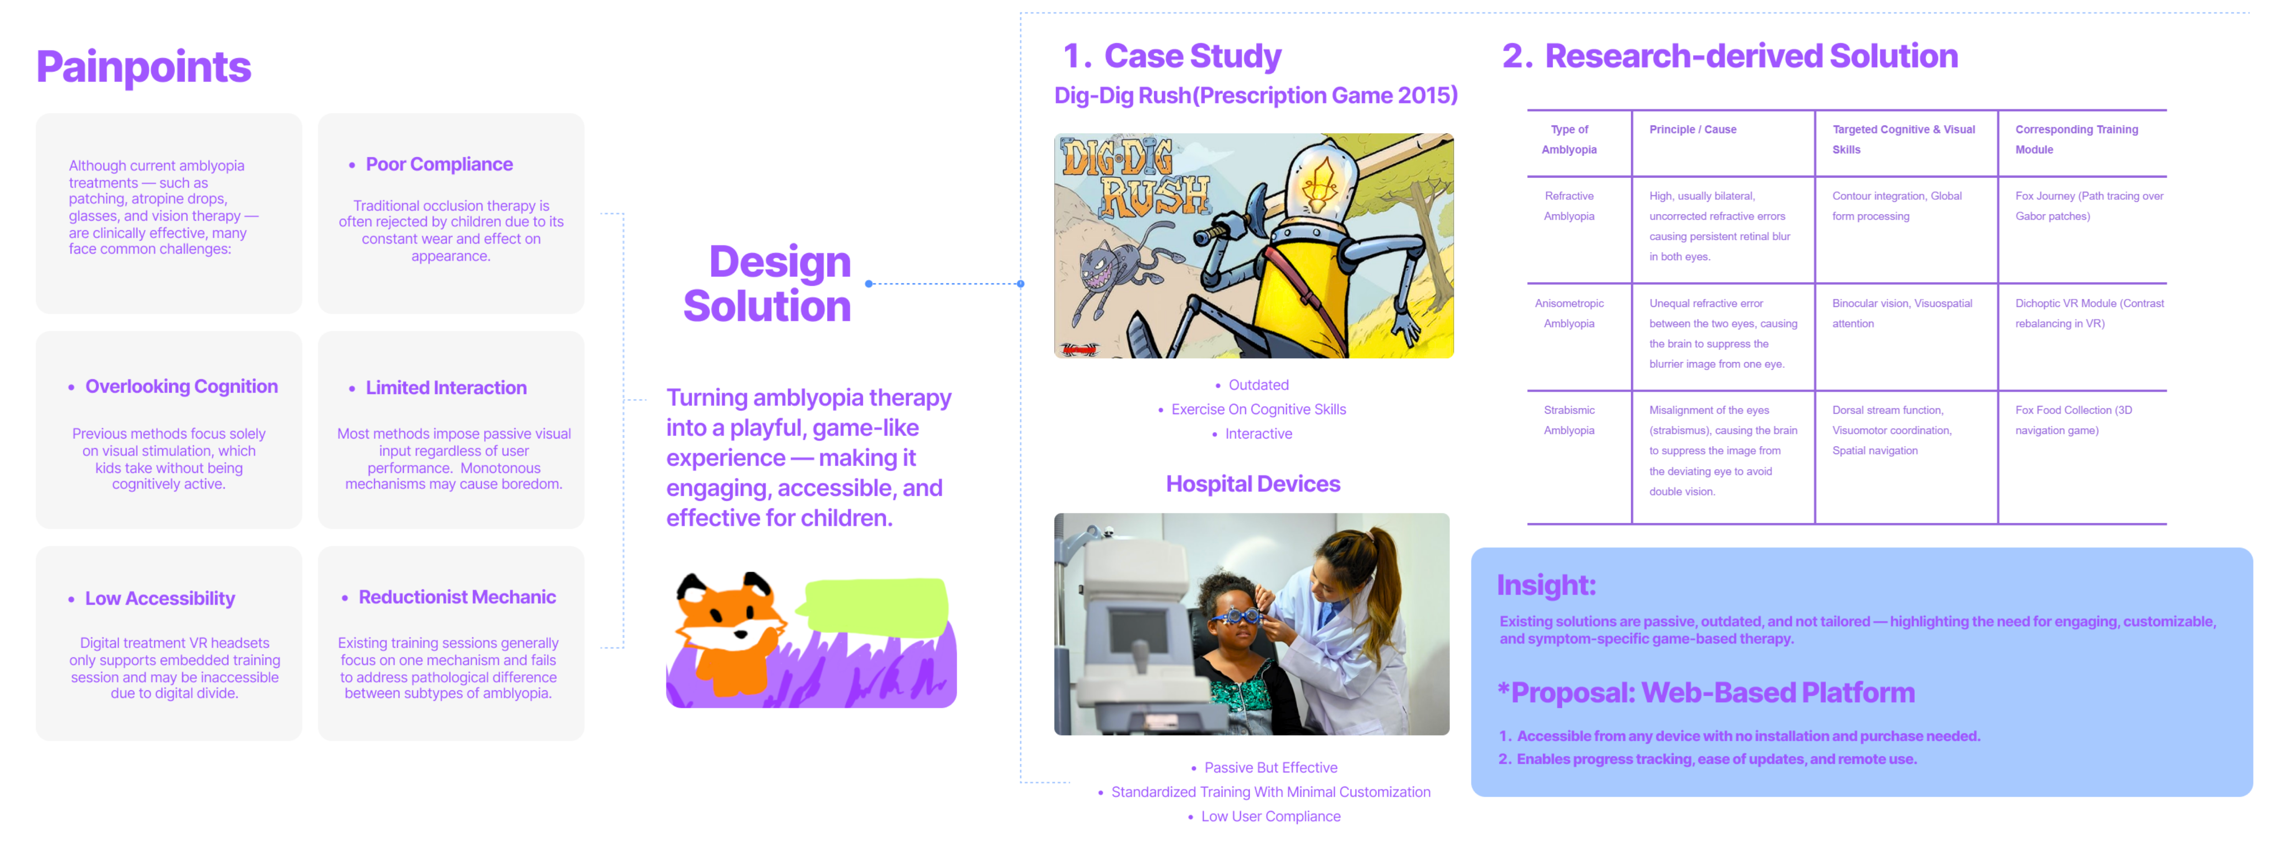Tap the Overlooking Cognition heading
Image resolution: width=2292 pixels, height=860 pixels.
pos(182,386)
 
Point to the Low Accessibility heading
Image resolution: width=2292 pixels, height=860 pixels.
pos(160,598)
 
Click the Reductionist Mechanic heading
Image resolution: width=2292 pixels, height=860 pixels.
pos(457,597)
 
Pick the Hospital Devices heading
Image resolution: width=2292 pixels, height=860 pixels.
pos(1253,484)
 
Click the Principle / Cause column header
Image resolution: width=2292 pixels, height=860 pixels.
pos(1692,130)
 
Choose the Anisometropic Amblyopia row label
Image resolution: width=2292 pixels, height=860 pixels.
pos(1569,313)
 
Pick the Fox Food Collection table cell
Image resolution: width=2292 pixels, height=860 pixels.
pos(2073,420)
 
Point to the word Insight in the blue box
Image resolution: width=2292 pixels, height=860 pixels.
pos(1546,586)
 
